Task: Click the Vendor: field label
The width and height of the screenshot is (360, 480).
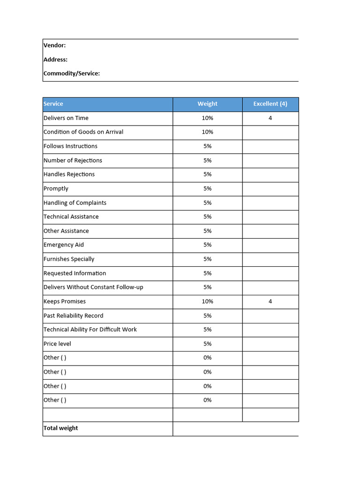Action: (54, 45)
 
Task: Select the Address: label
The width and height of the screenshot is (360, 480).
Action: (55, 60)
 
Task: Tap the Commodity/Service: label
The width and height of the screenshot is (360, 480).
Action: (72, 74)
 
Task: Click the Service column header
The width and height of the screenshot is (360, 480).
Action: (53, 104)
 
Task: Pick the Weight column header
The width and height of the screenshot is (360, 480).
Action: (207, 104)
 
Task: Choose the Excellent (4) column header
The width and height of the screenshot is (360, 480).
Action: (270, 104)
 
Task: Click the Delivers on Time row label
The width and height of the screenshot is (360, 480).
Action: (66, 118)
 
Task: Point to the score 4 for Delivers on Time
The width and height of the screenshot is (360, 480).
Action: (270, 118)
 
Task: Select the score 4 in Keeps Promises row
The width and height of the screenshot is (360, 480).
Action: (270, 301)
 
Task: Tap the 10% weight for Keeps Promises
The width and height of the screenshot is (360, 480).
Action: (207, 301)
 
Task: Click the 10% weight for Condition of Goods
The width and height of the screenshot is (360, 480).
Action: (207, 132)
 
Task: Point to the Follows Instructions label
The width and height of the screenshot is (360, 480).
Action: (70, 146)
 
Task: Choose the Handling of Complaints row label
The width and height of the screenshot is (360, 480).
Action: (75, 203)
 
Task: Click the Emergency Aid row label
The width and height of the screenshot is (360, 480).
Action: (64, 245)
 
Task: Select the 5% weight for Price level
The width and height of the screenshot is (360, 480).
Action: (207, 344)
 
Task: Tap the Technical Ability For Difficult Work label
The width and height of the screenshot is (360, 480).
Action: (90, 330)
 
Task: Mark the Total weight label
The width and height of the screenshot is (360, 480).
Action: (60, 428)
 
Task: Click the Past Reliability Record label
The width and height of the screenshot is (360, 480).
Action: (73, 315)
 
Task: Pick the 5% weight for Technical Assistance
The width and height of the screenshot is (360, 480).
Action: (207, 217)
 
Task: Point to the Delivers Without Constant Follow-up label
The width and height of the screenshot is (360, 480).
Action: (93, 287)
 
